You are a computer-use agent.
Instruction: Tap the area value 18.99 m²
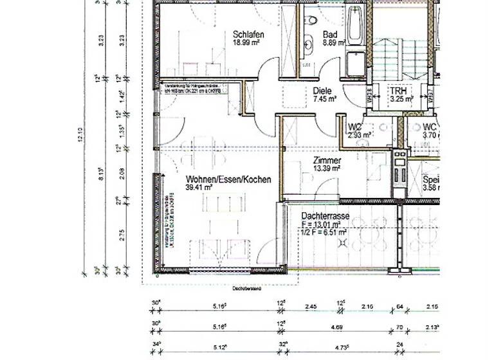[x=246, y=43]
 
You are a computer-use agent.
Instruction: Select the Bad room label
[x=330, y=35]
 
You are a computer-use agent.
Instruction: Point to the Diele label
[x=323, y=91]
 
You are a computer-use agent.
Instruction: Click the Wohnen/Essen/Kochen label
[x=228, y=179]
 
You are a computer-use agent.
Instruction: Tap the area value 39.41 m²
[x=199, y=188]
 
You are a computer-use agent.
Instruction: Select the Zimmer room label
[x=327, y=160]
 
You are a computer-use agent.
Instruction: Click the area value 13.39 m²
[x=327, y=168]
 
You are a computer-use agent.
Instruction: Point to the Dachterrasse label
[x=325, y=217]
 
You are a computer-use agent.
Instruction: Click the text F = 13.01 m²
[x=325, y=225]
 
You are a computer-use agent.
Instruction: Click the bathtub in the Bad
[x=354, y=26]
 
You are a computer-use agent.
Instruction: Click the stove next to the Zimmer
[x=399, y=174]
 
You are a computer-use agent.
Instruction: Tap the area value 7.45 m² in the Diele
[x=325, y=100]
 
